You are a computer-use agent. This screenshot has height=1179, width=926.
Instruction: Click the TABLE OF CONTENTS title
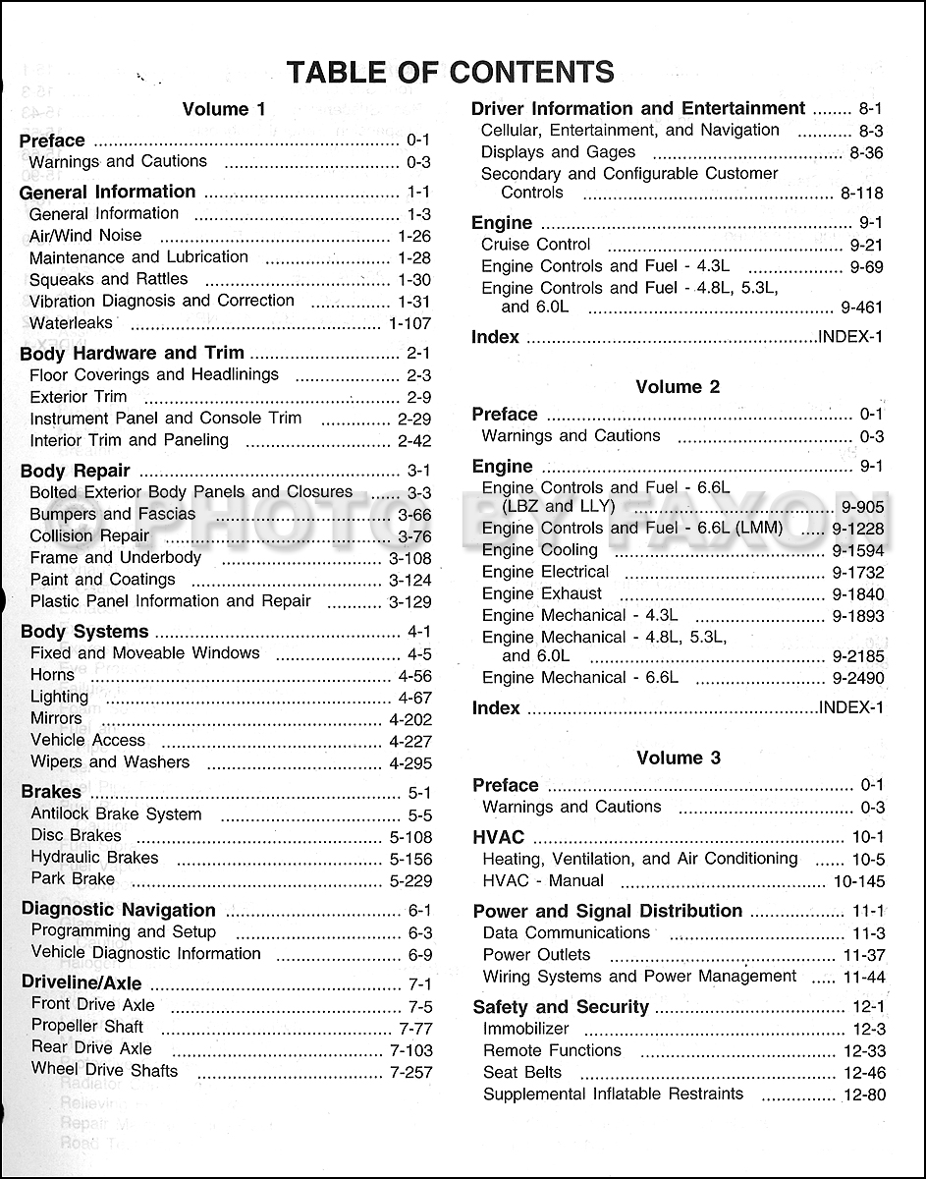tap(450, 72)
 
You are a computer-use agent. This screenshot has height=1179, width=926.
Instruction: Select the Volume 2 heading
tap(678, 387)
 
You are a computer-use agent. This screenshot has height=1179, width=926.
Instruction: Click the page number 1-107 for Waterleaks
tap(410, 323)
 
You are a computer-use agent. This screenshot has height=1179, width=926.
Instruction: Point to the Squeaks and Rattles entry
tap(108, 279)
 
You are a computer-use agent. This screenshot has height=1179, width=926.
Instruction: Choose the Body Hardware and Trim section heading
tap(132, 354)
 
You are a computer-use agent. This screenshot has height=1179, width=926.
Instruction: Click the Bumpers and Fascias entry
tap(113, 514)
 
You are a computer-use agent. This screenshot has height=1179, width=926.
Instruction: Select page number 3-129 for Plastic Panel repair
tap(410, 601)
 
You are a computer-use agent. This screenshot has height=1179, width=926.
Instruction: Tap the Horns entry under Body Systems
tap(53, 675)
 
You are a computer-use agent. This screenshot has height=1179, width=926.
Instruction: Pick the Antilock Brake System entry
tap(116, 814)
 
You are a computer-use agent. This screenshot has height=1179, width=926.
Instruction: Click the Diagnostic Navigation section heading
tap(118, 910)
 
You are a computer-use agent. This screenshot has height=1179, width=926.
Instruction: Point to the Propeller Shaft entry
tap(87, 1027)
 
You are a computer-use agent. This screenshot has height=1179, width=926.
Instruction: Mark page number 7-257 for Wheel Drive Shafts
tap(410, 1072)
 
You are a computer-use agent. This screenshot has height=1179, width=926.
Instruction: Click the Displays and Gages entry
tap(558, 152)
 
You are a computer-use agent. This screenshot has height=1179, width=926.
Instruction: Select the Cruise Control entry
tap(536, 245)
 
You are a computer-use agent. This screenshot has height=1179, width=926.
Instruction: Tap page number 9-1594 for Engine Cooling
tap(857, 551)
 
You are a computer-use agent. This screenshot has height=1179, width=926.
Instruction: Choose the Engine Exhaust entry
tap(542, 593)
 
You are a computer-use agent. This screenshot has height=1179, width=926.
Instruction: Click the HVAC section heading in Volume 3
tap(499, 838)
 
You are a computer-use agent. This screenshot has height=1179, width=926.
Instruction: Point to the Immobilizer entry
tap(526, 1029)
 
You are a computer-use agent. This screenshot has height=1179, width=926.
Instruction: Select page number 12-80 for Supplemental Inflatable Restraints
tap(863, 1095)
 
